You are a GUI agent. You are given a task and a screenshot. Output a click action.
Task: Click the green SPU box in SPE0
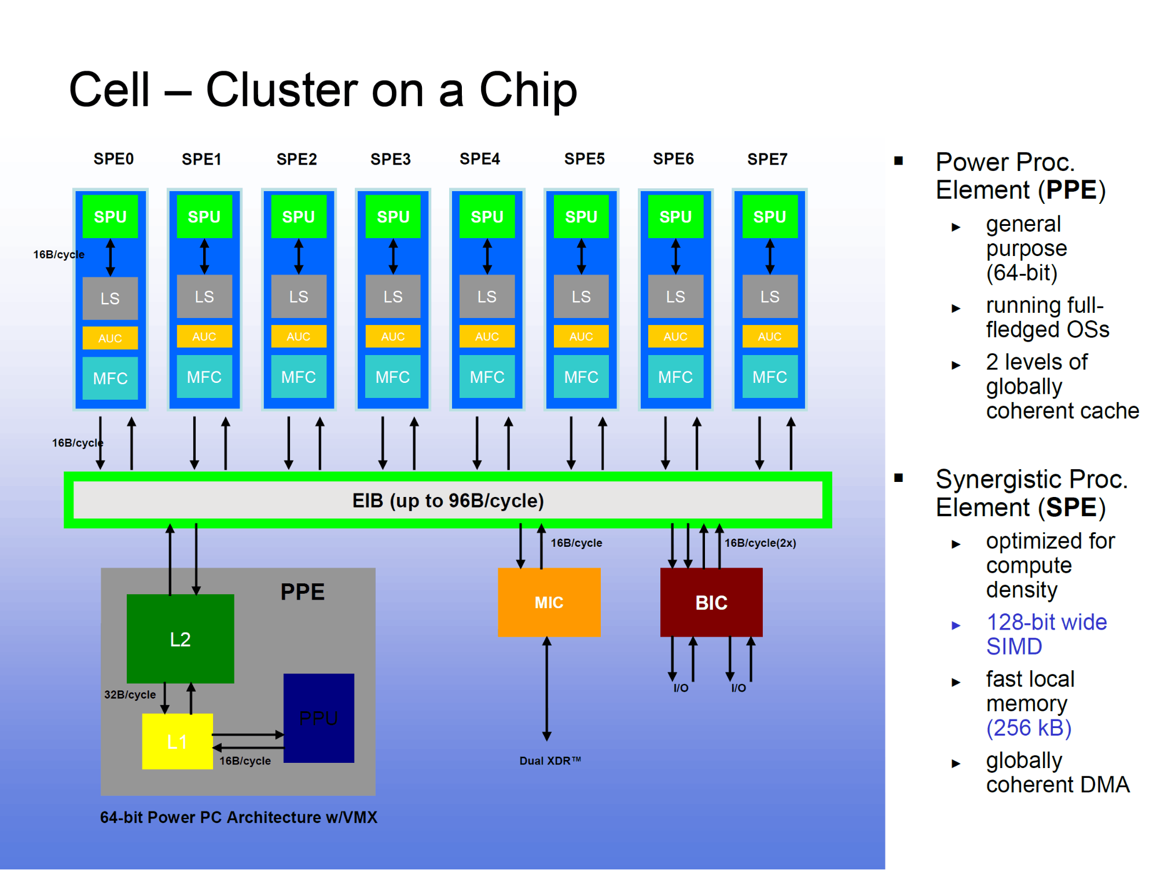coord(110,217)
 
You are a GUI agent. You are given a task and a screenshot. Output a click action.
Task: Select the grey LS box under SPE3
coord(392,297)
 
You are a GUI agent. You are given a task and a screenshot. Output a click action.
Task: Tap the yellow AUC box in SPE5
coord(581,337)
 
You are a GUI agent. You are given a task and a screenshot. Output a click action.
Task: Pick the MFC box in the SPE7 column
coord(769,377)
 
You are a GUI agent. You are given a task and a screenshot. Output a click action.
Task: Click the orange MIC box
coord(549,602)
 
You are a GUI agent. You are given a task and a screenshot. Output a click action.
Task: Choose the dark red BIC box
coord(711,602)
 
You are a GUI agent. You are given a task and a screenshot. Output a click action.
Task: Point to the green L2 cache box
coord(180,639)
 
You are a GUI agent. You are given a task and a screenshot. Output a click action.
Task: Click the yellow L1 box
coord(177,741)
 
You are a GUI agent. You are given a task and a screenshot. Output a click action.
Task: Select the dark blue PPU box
coord(318,718)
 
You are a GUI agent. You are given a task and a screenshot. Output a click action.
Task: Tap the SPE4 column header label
coord(480,159)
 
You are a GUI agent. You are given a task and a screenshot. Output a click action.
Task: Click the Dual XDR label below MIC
coord(550,761)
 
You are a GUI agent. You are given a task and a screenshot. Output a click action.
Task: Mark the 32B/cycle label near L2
coord(130,694)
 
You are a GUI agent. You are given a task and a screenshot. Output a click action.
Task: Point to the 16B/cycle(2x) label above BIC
coord(760,543)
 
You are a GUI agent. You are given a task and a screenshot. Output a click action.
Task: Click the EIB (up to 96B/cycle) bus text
coord(448,500)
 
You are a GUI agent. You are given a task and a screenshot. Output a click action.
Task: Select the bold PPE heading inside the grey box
coord(302,592)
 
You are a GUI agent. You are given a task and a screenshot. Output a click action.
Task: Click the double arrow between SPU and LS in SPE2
coord(299,257)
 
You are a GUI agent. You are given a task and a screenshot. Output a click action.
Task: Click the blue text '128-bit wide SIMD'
coord(1046,634)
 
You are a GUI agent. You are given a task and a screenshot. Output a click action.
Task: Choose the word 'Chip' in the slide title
coord(528,90)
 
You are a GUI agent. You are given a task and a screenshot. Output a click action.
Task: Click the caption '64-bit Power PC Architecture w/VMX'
coord(238,817)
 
